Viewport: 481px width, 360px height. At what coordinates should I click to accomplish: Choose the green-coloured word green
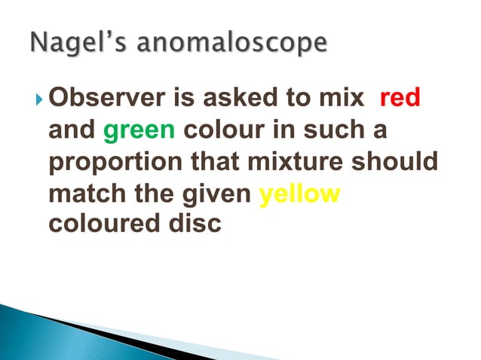point(139,131)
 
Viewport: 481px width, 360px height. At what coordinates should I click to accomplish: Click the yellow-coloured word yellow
point(299,194)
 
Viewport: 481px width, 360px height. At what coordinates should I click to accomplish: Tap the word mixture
point(303,163)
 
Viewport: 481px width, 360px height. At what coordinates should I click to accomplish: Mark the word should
point(399,163)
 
